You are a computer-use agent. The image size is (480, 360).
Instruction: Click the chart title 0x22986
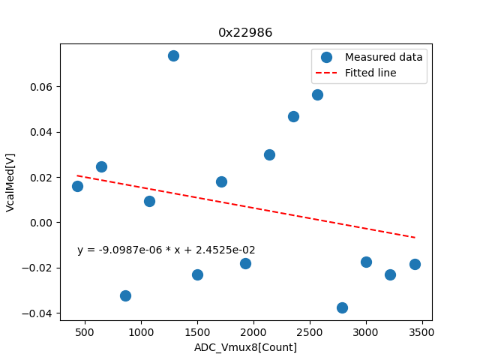[245, 33]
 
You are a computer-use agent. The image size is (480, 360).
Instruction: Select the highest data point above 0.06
[173, 55]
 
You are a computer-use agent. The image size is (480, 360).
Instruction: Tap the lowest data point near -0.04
[342, 307]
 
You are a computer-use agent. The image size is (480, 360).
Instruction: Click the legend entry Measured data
[383, 57]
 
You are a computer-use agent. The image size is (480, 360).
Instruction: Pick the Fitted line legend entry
[370, 73]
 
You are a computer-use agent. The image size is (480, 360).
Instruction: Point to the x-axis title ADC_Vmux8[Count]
[245, 347]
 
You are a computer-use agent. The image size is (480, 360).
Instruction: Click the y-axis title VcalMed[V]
[10, 182]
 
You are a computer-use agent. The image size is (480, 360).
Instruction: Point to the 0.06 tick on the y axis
[42, 87]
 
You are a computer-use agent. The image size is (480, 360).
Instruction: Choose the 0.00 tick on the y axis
[42, 223]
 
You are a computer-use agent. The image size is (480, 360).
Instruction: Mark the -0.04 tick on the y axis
[39, 313]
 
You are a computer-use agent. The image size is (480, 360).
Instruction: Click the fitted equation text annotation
[166, 250]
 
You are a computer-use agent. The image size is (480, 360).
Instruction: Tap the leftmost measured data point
[77, 186]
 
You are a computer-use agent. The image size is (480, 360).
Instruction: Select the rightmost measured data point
[415, 264]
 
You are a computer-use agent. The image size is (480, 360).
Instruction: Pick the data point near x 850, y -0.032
[125, 295]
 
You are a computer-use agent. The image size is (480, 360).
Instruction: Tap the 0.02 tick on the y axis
[42, 178]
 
